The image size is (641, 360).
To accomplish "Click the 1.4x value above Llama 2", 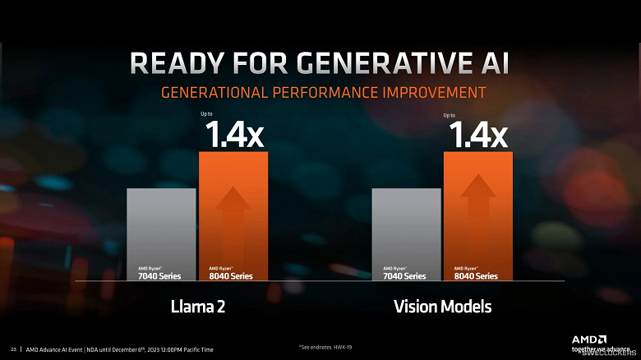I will (x=233, y=134).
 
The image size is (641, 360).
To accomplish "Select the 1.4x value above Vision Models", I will (x=477, y=134).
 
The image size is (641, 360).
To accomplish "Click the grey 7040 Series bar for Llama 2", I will (x=161, y=234).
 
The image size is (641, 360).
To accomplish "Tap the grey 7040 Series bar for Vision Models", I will (x=406, y=234).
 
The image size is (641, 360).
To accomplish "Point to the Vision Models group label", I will (x=442, y=307).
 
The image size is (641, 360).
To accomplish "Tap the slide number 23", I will (x=13, y=349).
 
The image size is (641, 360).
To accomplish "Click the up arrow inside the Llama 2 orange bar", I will (x=233, y=218).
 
